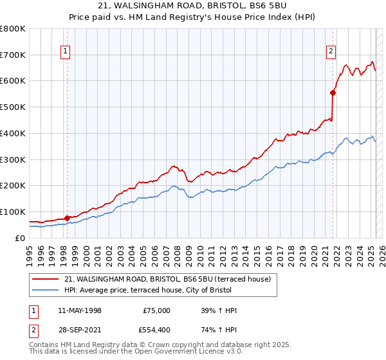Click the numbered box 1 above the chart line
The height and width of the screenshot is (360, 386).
[x=66, y=53]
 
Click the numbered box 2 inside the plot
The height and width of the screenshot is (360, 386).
[x=331, y=53]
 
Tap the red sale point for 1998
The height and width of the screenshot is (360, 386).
[x=67, y=217]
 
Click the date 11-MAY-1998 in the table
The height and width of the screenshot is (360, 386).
[x=80, y=310]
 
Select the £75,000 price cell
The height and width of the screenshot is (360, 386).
[x=156, y=310]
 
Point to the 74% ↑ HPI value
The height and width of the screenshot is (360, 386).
[x=219, y=329]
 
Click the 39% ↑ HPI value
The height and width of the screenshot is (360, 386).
[x=219, y=310]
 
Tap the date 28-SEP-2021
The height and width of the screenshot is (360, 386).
[x=80, y=329]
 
